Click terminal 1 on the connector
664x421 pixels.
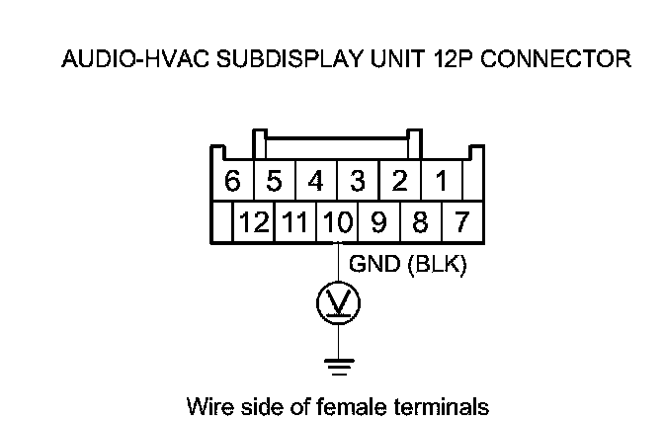pyautogui.click(x=442, y=182)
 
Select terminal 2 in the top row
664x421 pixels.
pyautogui.click(x=399, y=182)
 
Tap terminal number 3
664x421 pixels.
pyautogui.click(x=358, y=182)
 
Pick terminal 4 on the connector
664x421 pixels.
pyautogui.click(x=316, y=182)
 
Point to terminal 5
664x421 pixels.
pyautogui.click(x=275, y=182)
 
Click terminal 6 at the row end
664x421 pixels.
pyautogui.click(x=233, y=182)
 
